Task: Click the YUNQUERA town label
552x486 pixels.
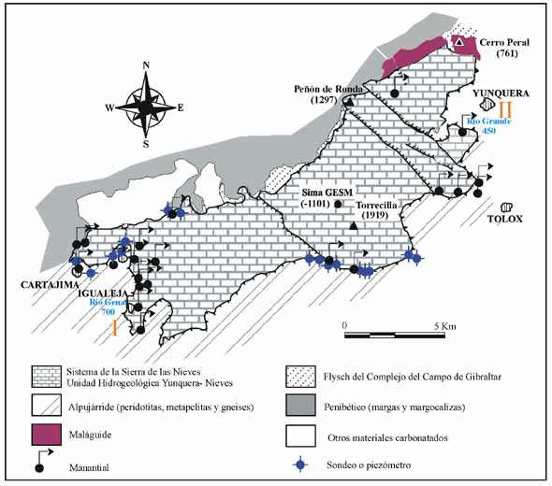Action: click(501, 93)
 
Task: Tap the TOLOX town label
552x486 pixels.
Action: click(505, 219)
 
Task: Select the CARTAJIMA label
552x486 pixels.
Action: click(50, 285)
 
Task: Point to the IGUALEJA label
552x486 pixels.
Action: click(102, 294)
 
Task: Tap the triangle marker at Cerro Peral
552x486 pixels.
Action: click(459, 42)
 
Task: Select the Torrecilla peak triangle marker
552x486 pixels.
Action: click(354, 227)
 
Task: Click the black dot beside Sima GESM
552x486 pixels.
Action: click(338, 204)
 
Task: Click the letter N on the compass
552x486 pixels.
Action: click(146, 65)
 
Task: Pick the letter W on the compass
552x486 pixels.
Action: click(109, 107)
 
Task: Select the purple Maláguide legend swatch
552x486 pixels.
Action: click(47, 435)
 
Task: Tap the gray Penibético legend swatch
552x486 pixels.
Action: click(300, 405)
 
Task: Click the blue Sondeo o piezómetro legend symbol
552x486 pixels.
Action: click(300, 465)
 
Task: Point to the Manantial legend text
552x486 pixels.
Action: click(89, 467)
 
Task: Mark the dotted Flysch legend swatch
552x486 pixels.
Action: click(300, 377)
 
